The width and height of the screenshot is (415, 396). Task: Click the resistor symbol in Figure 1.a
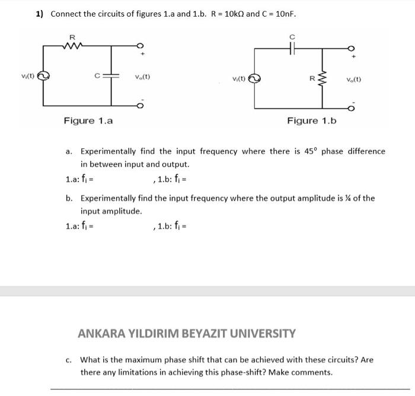(x=73, y=44)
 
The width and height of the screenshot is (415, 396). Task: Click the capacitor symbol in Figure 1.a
(x=112, y=76)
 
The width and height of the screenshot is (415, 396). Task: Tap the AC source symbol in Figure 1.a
(x=43, y=76)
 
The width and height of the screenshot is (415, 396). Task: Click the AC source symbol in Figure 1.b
(x=254, y=78)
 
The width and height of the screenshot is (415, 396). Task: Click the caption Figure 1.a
(x=88, y=121)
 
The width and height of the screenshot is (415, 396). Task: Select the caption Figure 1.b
(x=311, y=121)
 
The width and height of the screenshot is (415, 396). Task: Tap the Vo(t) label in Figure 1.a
(x=142, y=77)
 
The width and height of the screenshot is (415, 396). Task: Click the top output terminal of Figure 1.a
(x=140, y=46)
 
